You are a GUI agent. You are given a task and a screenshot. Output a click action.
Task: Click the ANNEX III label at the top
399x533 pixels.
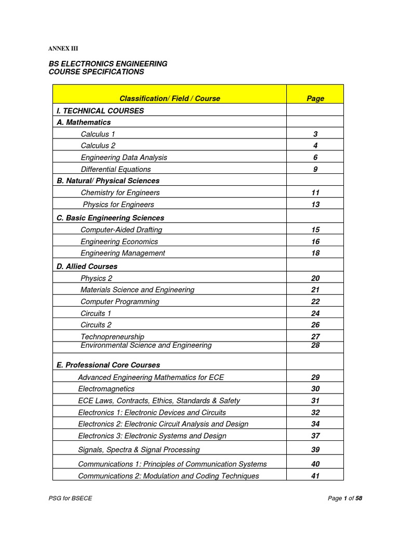click(63, 48)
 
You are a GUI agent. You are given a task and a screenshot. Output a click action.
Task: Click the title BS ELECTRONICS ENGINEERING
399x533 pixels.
click(108, 64)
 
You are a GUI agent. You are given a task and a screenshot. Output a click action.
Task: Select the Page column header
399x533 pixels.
click(315, 98)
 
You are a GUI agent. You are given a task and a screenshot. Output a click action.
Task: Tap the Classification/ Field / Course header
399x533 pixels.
click(170, 98)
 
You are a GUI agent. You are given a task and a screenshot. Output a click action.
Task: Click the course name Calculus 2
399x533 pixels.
click(98, 146)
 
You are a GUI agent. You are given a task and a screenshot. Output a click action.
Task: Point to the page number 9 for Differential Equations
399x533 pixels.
click(315, 169)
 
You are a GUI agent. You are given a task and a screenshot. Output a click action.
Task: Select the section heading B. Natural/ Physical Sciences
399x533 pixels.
click(108, 181)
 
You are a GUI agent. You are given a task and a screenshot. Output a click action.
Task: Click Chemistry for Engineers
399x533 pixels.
click(120, 193)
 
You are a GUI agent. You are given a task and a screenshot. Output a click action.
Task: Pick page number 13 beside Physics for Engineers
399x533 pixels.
click(315, 205)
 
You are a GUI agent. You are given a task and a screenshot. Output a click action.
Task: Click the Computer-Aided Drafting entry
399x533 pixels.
click(122, 230)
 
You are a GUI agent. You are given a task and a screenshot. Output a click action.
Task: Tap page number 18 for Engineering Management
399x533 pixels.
click(315, 253)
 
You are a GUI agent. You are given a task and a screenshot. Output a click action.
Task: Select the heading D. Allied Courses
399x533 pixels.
click(87, 266)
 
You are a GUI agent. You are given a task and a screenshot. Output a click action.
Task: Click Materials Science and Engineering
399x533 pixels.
click(138, 289)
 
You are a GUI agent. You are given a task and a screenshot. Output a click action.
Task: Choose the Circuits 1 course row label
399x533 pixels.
click(96, 313)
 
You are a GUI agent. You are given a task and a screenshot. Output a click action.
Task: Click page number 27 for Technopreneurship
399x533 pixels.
click(315, 337)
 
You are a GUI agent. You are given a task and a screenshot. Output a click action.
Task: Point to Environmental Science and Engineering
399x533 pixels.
click(146, 345)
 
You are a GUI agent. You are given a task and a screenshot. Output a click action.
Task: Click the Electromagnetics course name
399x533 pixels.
click(106, 389)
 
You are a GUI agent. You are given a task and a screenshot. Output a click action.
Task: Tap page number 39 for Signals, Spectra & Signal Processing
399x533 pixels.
click(315, 450)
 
